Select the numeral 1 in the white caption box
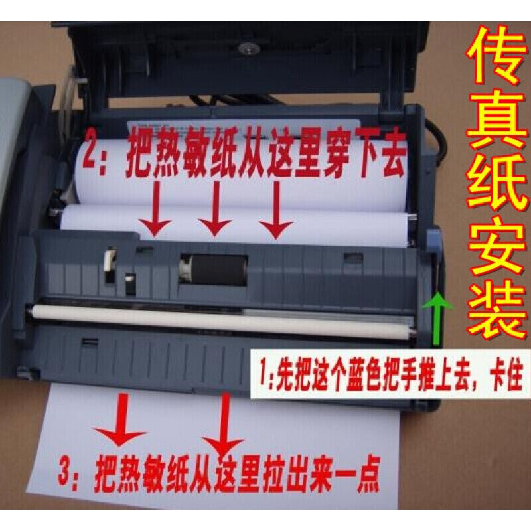tap(261, 366)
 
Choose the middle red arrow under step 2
tap(214, 210)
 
